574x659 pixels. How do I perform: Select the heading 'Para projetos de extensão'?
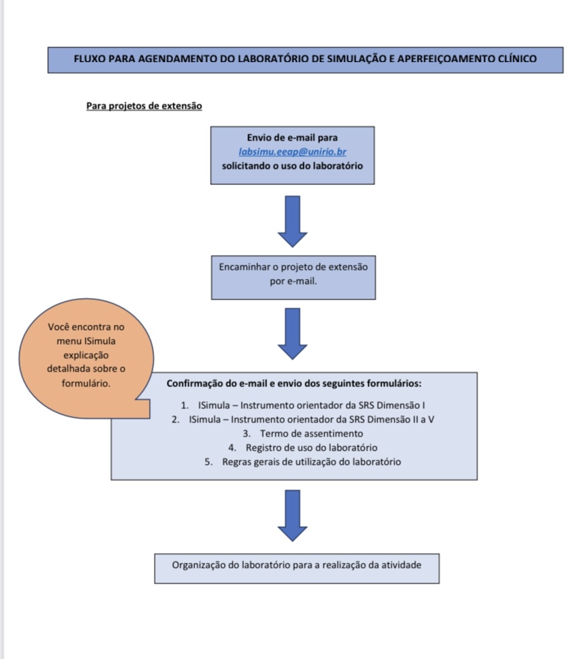(144, 106)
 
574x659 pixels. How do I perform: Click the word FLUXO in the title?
(90, 59)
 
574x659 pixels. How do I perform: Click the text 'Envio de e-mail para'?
(293, 137)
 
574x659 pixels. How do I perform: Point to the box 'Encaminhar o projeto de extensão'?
(292, 275)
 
